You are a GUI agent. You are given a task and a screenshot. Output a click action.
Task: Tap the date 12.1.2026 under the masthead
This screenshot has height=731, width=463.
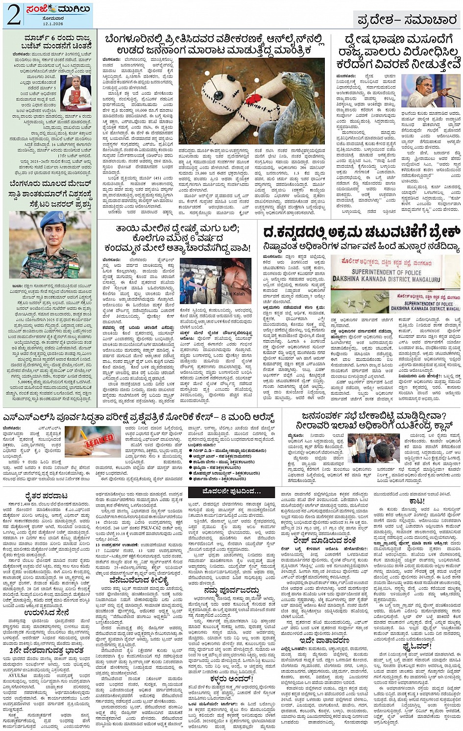pos(52,23)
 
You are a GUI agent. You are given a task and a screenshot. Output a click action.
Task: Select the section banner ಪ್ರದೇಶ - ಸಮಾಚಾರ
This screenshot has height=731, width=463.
pos(406,20)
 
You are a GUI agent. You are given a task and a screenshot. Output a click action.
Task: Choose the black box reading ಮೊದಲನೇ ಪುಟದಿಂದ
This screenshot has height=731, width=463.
pos(232,491)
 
